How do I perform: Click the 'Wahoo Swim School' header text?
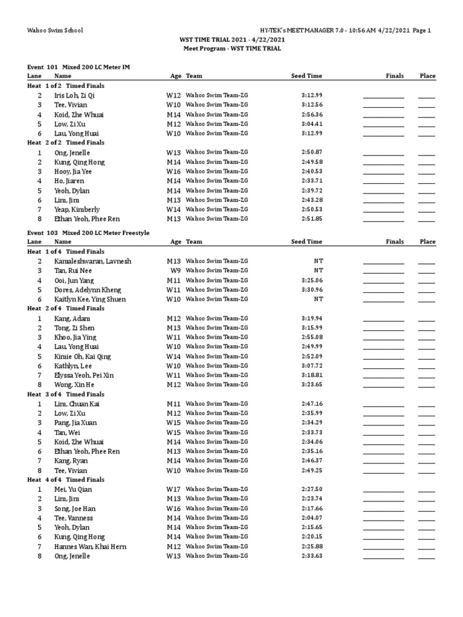click(x=55, y=31)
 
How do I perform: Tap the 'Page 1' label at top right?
click(x=421, y=31)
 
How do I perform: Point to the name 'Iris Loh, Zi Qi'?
click(x=74, y=95)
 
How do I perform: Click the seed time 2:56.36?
click(x=311, y=114)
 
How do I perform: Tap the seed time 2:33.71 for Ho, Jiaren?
click(x=311, y=181)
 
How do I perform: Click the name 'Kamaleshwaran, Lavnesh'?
click(x=92, y=261)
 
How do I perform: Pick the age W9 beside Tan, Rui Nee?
click(x=174, y=271)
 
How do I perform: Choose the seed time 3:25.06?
click(x=311, y=280)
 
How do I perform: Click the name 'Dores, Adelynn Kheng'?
click(x=87, y=290)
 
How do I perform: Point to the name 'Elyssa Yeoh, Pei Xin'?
click(x=83, y=375)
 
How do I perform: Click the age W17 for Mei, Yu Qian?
click(x=174, y=489)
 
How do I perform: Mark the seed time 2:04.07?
click(x=311, y=518)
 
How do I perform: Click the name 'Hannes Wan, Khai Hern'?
click(x=90, y=547)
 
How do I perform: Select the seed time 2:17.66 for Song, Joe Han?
click(x=311, y=509)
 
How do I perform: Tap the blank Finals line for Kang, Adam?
click(x=383, y=318)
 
